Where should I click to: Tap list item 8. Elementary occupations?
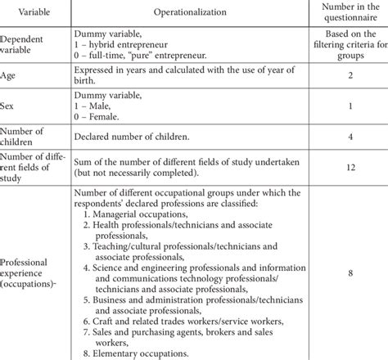pyautogui.click(x=140, y=353)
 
